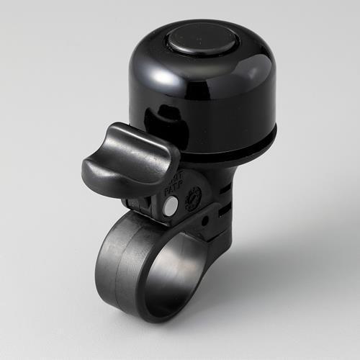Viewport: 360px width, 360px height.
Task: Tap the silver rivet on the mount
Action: click(171, 207)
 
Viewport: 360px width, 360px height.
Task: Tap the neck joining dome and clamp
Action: click(216, 173)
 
